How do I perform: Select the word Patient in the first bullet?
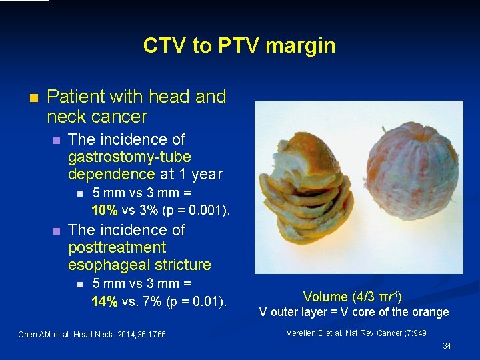pos(75,97)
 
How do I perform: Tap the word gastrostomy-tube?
pos(129,157)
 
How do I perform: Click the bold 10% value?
pos(105,211)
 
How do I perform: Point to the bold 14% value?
pos(105,301)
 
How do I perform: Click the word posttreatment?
pos(117,247)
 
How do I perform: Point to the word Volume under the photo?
pos(325,297)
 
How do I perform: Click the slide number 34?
pos(447,346)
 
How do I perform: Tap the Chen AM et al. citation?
pos(92,334)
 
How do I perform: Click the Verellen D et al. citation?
pos(356,333)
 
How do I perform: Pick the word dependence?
pos(111,174)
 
